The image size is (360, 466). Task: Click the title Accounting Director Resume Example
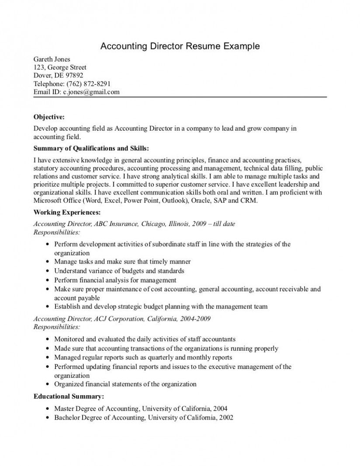[x=180, y=46]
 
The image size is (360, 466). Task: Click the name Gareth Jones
[x=52, y=59]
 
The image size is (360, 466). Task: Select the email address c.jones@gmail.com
[x=91, y=92]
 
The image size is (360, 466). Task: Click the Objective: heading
[x=49, y=117]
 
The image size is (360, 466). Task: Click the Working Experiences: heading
[x=67, y=213]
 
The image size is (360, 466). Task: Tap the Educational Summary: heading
[x=69, y=397]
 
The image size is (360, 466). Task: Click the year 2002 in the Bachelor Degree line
[x=226, y=417]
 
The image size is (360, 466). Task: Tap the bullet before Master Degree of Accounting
[x=47, y=409]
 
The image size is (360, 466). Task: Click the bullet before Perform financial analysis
[x=47, y=280]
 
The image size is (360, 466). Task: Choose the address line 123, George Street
[x=60, y=67]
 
